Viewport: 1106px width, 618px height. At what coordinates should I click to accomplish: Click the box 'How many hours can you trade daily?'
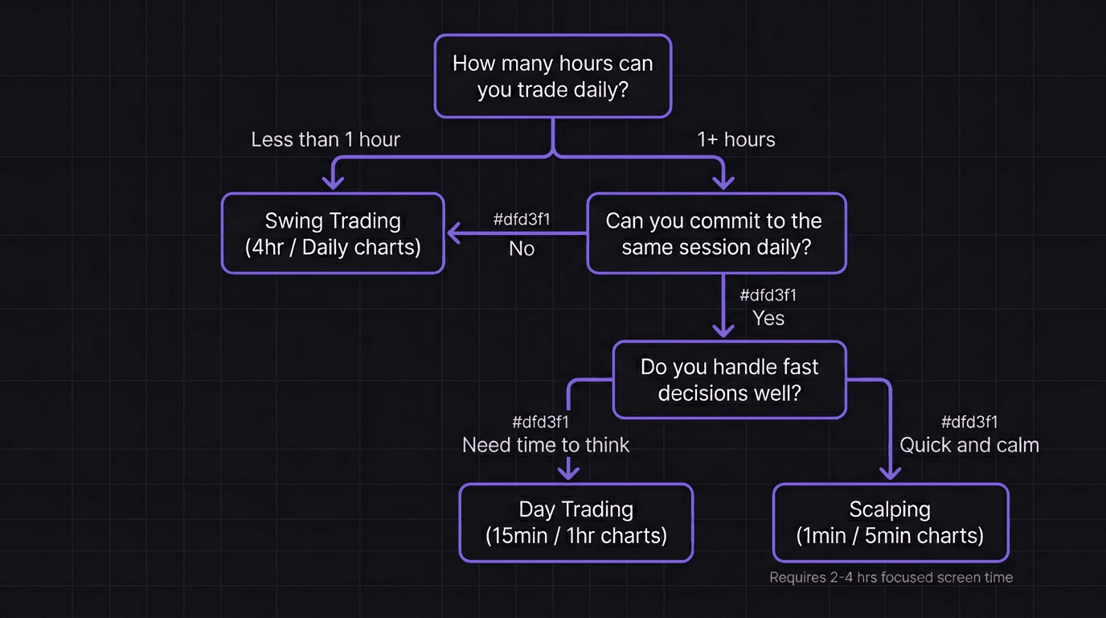[x=552, y=76]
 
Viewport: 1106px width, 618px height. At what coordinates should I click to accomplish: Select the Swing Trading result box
[x=333, y=233]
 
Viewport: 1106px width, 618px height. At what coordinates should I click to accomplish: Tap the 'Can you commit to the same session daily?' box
[x=716, y=233]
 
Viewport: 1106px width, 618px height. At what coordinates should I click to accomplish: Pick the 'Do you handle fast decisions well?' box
[x=729, y=380]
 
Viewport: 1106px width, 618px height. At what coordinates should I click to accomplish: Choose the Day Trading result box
[x=576, y=522]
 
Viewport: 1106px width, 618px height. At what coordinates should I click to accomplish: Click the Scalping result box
[x=890, y=522]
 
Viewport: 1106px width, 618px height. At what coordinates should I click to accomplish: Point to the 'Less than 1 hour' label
[x=326, y=139]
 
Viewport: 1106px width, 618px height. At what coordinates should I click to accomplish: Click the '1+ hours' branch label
[x=735, y=139]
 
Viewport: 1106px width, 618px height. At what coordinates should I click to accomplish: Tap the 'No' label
[x=522, y=249]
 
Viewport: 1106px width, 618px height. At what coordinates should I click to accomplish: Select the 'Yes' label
[x=768, y=318]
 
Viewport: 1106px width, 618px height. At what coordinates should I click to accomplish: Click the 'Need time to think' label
[x=546, y=445]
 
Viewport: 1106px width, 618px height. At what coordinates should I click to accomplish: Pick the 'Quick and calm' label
[x=969, y=445]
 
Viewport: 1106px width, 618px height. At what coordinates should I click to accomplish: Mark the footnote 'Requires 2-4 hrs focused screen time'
[x=891, y=577]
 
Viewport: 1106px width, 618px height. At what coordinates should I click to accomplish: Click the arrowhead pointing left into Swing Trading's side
[x=453, y=233]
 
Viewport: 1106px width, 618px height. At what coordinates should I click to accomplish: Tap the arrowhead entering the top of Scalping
[x=890, y=473]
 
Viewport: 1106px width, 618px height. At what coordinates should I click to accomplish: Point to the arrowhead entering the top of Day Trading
[x=569, y=473]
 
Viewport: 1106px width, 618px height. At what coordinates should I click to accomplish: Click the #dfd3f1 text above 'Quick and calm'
[x=969, y=422]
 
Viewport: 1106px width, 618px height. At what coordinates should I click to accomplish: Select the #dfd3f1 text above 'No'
[x=522, y=219]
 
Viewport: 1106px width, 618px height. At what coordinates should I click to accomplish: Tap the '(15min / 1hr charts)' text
[x=576, y=536]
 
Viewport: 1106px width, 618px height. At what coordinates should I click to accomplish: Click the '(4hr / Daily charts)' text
[x=333, y=247]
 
